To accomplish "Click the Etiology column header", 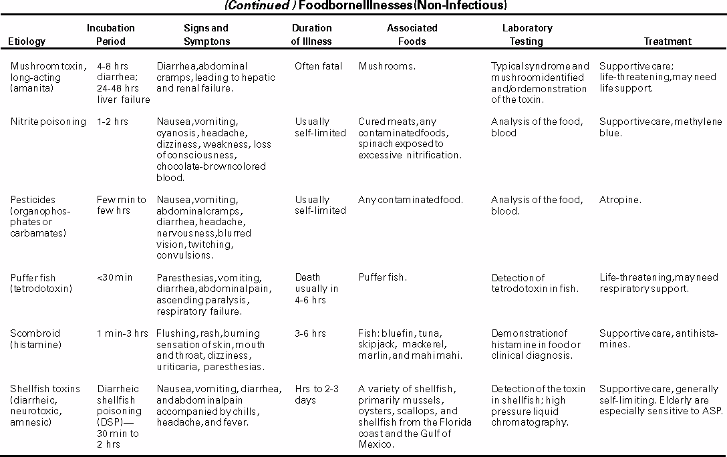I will [x=27, y=41].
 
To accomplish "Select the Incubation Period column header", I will [x=110, y=35].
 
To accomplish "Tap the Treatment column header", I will [x=667, y=41].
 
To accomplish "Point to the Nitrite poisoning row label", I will [x=48, y=122].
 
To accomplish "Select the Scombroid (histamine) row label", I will [x=35, y=339].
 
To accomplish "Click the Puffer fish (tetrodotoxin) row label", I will [x=39, y=283].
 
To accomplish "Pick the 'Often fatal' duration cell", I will [x=318, y=66].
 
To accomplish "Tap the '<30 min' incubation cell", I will [x=114, y=277].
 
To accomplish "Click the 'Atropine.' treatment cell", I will [x=620, y=200].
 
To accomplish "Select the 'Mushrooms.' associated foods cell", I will [x=387, y=66].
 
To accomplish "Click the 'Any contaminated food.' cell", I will [x=410, y=200].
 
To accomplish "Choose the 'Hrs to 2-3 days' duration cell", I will [x=319, y=394].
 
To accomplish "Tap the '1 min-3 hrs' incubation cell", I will [x=122, y=333].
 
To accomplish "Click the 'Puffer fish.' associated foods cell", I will [x=383, y=277].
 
